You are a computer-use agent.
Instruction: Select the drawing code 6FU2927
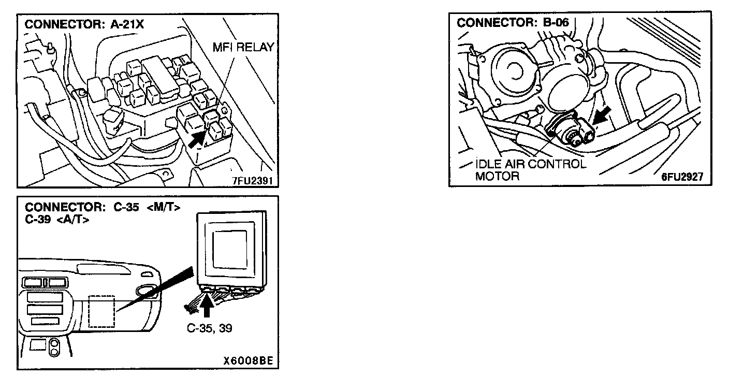pyautogui.click(x=682, y=177)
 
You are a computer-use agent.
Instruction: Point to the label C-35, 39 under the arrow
pyautogui.click(x=210, y=328)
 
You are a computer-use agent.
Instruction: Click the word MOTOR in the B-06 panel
pyautogui.click(x=497, y=176)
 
